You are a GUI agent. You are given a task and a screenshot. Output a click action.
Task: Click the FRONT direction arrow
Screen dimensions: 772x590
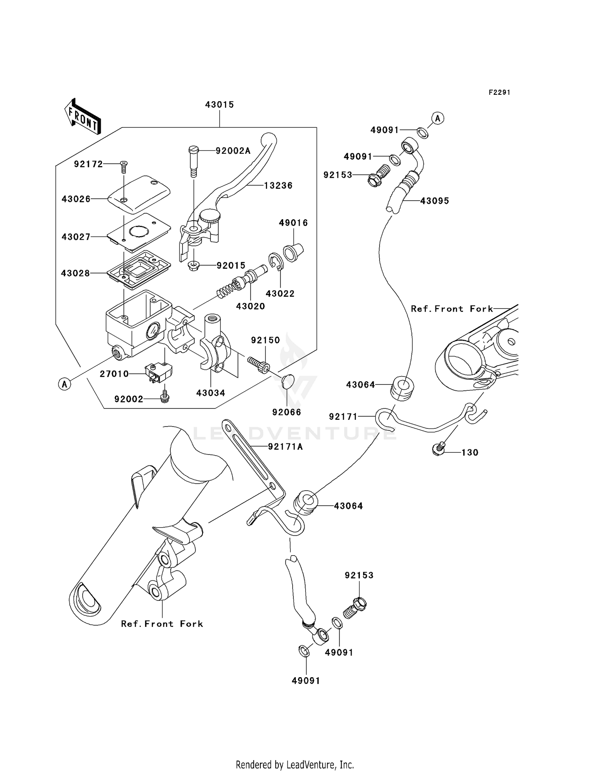[x=82, y=117]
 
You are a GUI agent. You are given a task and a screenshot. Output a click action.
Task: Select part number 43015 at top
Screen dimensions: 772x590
[x=219, y=105]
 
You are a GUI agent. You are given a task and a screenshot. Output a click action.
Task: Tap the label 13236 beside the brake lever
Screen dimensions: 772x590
[x=278, y=185]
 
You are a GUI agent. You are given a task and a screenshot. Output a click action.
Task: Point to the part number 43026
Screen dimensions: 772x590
[x=76, y=199]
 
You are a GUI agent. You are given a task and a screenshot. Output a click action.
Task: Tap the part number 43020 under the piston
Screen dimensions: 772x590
[x=251, y=306]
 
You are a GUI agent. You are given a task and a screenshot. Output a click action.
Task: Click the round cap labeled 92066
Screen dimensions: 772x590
[x=288, y=381]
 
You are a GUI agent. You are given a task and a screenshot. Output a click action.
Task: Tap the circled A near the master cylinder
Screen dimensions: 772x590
[x=65, y=384]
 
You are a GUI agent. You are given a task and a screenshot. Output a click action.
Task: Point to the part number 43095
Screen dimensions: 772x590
[x=435, y=201]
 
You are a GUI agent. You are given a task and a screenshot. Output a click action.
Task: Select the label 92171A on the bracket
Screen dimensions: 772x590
[x=285, y=447]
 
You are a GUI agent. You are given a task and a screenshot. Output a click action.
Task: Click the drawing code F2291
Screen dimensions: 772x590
[x=499, y=92]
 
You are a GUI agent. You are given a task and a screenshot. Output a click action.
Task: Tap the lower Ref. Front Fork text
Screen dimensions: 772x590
[x=162, y=624]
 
